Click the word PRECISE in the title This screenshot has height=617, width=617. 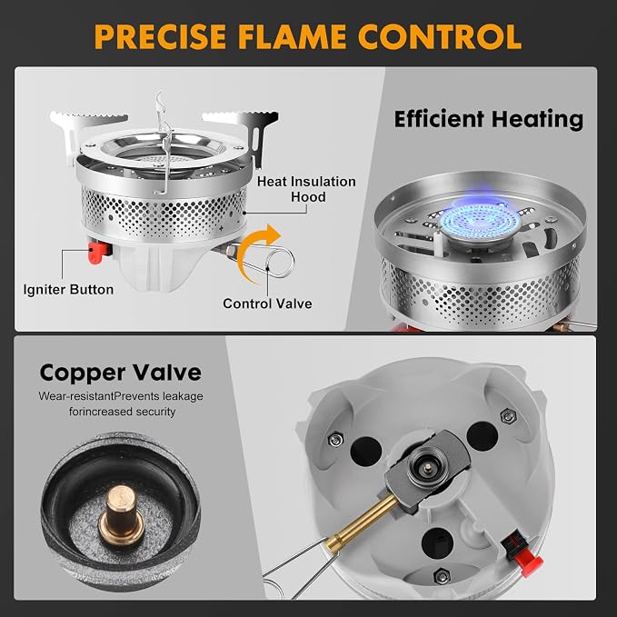160,36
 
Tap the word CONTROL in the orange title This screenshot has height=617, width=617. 440,36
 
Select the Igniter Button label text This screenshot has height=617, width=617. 68,290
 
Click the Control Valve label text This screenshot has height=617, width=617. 267,304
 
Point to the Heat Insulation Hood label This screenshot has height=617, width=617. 306,189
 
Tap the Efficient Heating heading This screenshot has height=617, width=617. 489,119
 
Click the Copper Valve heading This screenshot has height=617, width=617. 121,373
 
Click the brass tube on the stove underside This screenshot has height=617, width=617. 361,522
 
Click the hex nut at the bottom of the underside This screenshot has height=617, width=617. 442,576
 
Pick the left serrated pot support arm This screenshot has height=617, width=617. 84,130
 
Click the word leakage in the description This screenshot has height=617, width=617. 183,396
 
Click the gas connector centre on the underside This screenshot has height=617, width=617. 428,467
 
